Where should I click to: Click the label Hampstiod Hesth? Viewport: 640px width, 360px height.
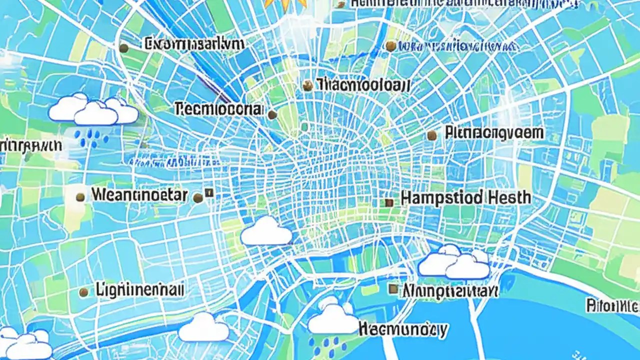click(x=465, y=198)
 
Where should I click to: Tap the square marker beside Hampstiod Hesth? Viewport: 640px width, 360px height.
click(x=389, y=202)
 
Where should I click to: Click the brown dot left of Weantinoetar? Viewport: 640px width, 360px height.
click(x=80, y=197)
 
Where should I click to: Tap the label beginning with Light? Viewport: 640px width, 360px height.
click(x=139, y=289)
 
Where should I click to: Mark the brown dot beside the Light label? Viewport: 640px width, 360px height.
click(x=84, y=291)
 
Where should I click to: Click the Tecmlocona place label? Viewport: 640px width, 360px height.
click(x=219, y=109)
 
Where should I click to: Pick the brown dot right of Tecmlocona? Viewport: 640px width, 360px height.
click(x=272, y=115)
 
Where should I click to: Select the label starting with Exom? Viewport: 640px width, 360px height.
click(x=194, y=44)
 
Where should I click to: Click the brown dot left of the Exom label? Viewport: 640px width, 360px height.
click(x=123, y=48)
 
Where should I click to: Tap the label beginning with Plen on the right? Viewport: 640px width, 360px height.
click(x=494, y=133)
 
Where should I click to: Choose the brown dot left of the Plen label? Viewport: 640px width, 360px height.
click(x=432, y=135)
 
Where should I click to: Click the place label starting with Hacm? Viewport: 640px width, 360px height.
click(x=403, y=329)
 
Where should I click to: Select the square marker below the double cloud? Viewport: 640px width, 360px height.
click(x=393, y=289)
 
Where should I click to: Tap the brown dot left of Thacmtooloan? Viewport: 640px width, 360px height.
click(x=307, y=85)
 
